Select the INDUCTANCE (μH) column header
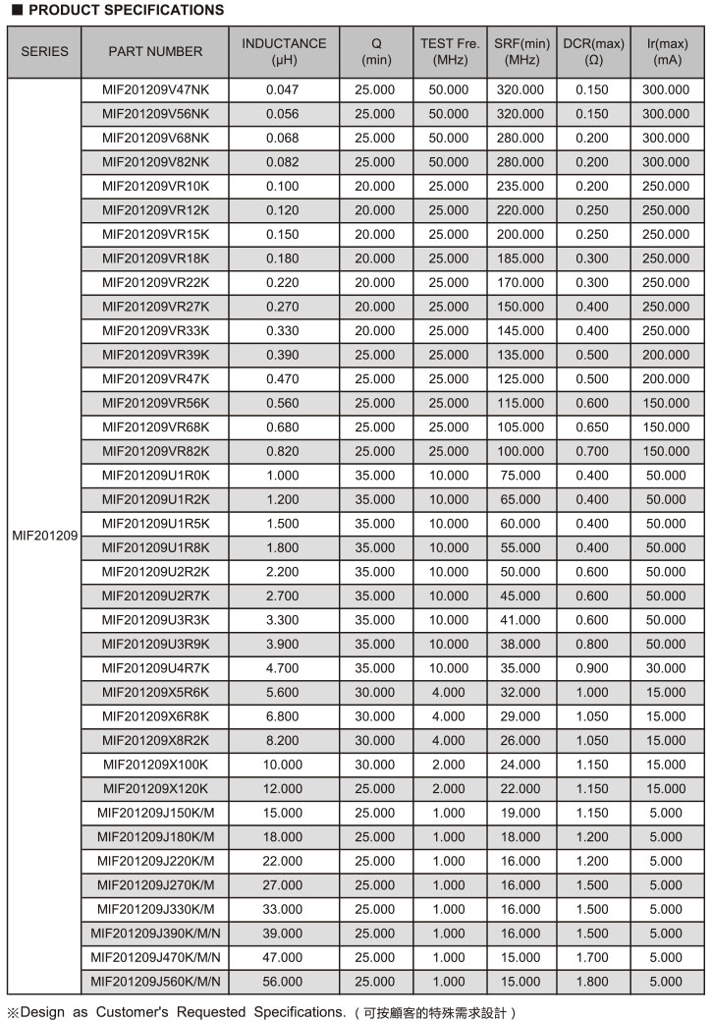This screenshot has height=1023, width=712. tap(284, 51)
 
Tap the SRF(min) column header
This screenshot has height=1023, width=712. tap(521, 51)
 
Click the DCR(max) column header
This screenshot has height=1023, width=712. tap(593, 51)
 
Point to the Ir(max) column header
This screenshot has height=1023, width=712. tap(667, 51)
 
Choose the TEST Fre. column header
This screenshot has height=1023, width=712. tap(450, 51)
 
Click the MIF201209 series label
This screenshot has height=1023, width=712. tap(45, 536)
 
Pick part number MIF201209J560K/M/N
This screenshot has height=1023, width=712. tap(156, 981)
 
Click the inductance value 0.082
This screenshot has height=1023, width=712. tap(283, 162)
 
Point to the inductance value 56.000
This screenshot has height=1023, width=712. tap(283, 981)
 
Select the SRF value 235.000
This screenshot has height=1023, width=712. tap(520, 186)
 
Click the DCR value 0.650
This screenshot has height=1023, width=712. tap(593, 426)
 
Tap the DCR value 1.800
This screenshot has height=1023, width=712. tap(593, 981)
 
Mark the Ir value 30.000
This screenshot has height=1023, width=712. tap(666, 668)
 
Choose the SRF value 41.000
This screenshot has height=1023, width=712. tap(520, 620)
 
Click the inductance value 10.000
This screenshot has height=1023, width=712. tap(283, 765)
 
